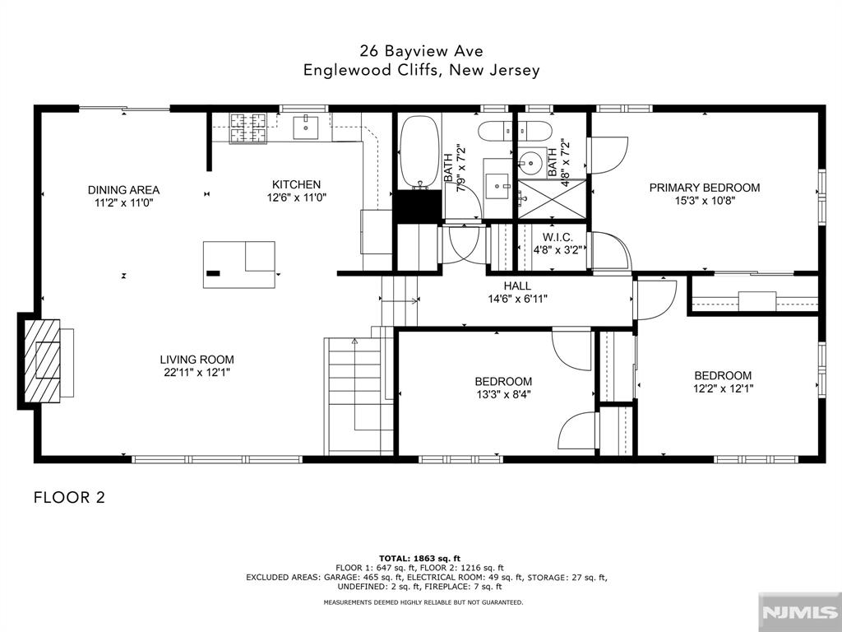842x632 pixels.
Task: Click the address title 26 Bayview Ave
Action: click(x=422, y=51)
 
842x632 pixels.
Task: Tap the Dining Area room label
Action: click(x=123, y=190)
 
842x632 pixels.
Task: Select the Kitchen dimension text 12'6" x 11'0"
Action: click(x=296, y=197)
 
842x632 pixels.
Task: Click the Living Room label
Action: click(x=197, y=360)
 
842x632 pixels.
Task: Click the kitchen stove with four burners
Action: click(x=248, y=128)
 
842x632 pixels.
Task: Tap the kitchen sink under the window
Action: click(x=306, y=127)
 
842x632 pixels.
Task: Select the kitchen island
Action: click(x=239, y=265)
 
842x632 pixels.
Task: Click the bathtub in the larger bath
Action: click(x=420, y=151)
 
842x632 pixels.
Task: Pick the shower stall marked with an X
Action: click(x=552, y=199)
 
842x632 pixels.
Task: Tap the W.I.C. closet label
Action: click(x=557, y=236)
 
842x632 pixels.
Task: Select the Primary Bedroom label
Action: click(x=705, y=188)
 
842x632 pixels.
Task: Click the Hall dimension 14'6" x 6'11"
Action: click(x=517, y=299)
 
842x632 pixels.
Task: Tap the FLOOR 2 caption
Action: click(x=69, y=497)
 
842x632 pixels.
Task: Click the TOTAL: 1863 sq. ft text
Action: click(x=419, y=559)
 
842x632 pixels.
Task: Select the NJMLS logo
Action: click(x=799, y=612)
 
